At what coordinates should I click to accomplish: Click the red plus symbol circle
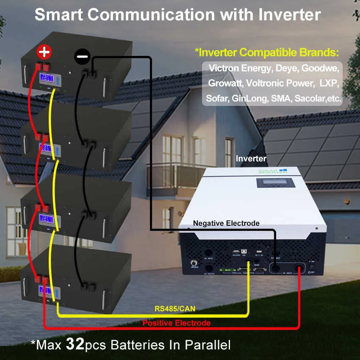[x=44, y=53]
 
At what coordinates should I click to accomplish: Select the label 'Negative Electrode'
[x=226, y=223]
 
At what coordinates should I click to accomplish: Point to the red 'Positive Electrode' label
[x=176, y=323]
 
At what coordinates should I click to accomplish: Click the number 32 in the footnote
[x=75, y=344]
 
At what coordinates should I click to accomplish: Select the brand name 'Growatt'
[x=224, y=83]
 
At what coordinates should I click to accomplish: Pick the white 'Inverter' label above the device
[x=251, y=159]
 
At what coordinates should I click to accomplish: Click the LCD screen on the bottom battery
[x=47, y=291]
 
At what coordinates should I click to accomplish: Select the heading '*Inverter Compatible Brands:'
[x=267, y=53]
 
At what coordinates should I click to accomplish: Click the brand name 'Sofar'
[x=218, y=98]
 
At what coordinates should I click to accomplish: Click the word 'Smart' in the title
[x=59, y=14]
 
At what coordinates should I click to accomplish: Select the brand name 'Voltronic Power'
[x=280, y=83]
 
